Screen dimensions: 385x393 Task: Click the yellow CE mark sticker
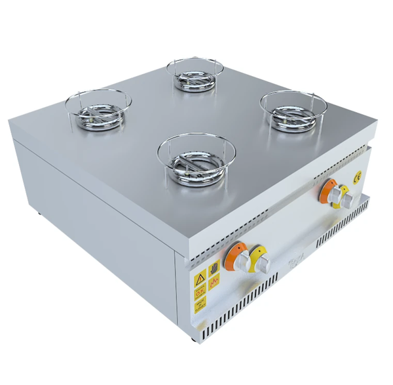357,176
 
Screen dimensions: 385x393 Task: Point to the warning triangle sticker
200,279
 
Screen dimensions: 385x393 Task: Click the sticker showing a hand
214,268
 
